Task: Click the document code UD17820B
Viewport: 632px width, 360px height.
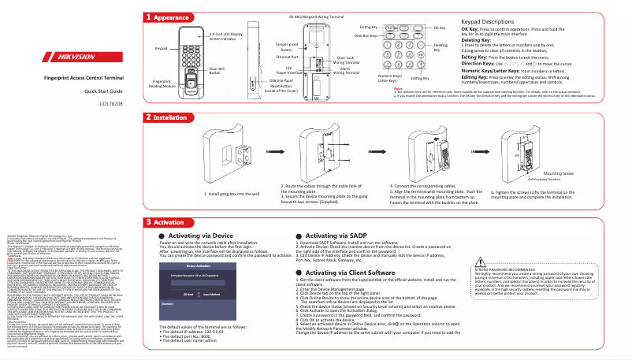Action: coord(110,102)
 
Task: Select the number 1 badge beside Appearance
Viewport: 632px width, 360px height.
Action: coord(148,17)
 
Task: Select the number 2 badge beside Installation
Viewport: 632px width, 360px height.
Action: coord(148,117)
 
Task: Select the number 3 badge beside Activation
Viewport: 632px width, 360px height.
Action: coord(148,222)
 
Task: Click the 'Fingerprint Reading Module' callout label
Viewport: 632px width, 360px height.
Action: coord(162,84)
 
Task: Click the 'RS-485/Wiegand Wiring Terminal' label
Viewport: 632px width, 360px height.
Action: coord(315,16)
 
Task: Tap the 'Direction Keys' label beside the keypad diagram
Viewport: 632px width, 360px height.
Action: coord(365,36)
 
